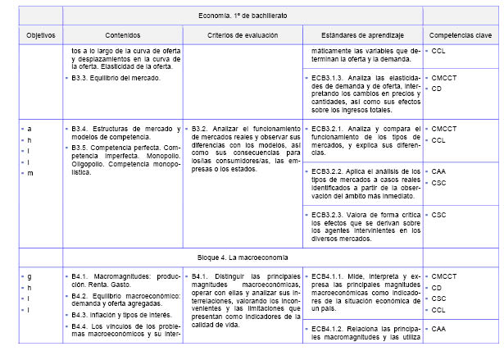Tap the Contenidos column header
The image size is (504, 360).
(x=123, y=36)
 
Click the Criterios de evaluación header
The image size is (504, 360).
(x=243, y=36)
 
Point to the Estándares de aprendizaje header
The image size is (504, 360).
(x=361, y=36)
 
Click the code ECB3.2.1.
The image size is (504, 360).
(x=328, y=129)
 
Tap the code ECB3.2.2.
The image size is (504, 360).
(x=328, y=171)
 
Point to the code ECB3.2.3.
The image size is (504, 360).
(x=328, y=214)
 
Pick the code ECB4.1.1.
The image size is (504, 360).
(x=328, y=276)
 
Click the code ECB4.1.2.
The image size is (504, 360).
(x=328, y=329)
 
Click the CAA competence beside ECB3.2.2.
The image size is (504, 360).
(x=439, y=171)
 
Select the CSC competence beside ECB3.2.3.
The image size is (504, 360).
(x=438, y=214)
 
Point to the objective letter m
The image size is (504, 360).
(x=30, y=173)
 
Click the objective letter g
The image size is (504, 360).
(x=30, y=276)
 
